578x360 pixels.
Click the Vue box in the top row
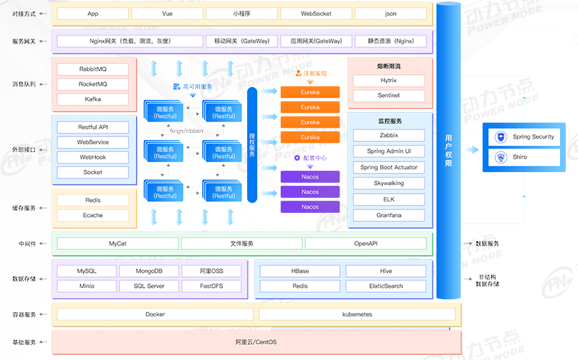(166, 14)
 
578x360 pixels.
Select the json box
(391, 14)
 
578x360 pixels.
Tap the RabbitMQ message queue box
(93, 69)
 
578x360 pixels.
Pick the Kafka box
(93, 99)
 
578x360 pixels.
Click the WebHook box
(93, 157)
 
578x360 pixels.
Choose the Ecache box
(93, 215)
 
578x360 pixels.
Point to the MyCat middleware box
(118, 244)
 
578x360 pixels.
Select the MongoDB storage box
(149, 271)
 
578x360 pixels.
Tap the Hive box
(386, 271)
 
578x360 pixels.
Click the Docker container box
(155, 314)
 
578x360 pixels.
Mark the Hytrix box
(389, 81)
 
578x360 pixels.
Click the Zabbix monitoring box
(389, 135)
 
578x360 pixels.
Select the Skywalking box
(389, 184)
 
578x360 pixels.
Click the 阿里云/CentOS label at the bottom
(256, 342)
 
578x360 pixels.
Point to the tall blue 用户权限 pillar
(449, 150)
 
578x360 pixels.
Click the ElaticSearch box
(386, 286)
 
